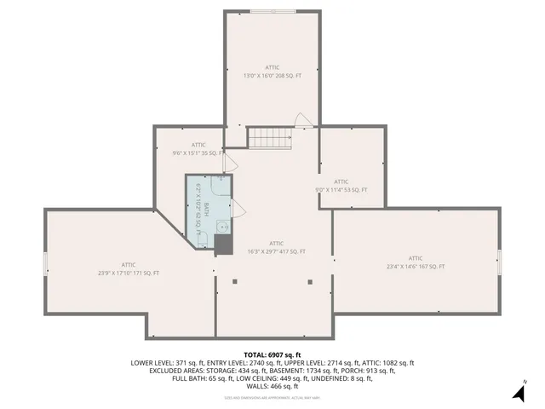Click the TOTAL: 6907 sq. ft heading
[x=272, y=354]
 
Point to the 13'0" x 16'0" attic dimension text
[x=272, y=76]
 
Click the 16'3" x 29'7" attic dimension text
[x=276, y=251]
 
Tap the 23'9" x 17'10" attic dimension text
[x=129, y=273]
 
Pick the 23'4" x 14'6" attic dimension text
[x=416, y=267]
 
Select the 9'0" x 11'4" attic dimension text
[x=341, y=190]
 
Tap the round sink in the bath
[x=221, y=227]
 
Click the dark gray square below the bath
[x=223, y=245]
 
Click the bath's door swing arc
[x=238, y=206]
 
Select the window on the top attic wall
[x=272, y=11]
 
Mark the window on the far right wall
[x=500, y=262]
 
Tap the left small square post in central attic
[x=235, y=280]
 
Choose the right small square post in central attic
[x=312, y=280]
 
